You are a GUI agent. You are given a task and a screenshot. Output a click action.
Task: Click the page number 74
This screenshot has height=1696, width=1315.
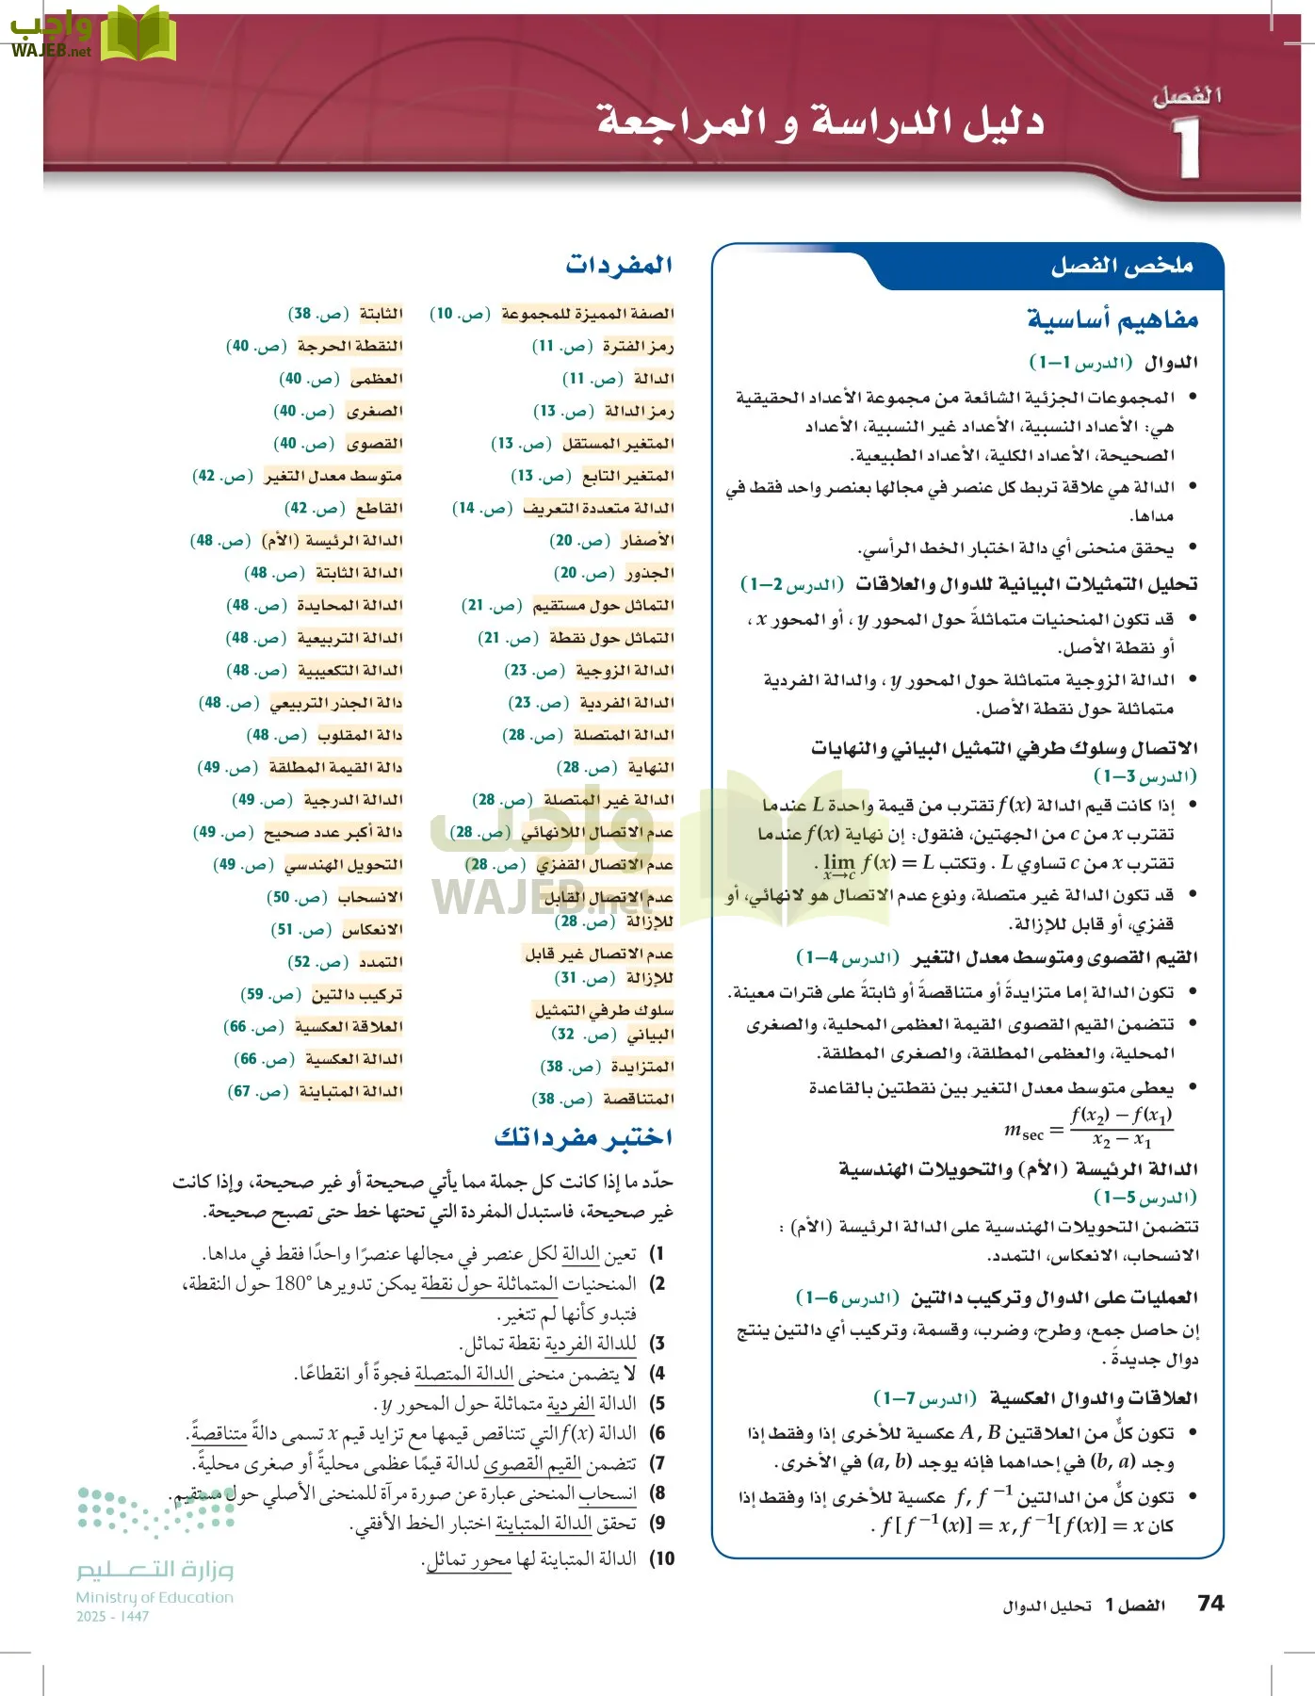pos(1210,1603)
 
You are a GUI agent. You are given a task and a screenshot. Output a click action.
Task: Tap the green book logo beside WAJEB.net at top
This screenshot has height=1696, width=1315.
pos(138,34)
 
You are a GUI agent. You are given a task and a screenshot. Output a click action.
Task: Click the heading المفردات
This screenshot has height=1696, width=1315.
pos(619,265)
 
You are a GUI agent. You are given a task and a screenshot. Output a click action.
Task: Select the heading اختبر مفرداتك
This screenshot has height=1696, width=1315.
pos(583,1137)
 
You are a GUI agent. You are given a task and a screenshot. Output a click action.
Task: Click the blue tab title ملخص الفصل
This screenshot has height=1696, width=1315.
pos(1121,267)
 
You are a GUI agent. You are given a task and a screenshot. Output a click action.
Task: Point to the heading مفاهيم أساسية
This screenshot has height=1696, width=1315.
pos(1112,319)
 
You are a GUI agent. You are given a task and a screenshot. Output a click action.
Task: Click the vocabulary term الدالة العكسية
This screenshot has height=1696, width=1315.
pos(354,1059)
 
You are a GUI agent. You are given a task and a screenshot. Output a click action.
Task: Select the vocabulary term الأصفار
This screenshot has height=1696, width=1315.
pos(647,540)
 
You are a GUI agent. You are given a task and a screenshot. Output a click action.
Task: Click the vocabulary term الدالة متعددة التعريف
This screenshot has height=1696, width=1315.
pos(598,508)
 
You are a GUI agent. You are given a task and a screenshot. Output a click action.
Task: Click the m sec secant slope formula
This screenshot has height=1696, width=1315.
pos(1088,1128)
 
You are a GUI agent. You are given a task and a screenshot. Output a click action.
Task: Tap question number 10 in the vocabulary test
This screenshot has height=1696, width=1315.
pos(663,1558)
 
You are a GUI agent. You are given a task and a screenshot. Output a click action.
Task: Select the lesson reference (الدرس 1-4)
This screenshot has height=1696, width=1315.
pos(847,958)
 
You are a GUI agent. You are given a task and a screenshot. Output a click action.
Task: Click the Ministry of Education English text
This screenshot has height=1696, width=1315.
pos(154,1597)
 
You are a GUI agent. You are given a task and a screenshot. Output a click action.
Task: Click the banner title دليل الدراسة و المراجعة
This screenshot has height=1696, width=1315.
pos(820,122)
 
